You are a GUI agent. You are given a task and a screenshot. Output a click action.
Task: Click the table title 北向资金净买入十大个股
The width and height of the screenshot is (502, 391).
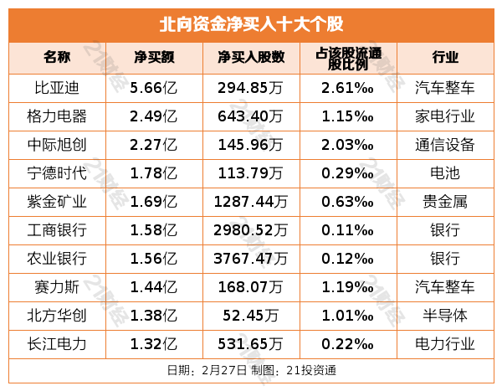point(251,23)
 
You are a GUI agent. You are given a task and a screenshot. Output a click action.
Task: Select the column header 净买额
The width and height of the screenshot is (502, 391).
point(154,58)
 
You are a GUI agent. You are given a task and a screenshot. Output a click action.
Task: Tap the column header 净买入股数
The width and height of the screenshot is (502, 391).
point(251,58)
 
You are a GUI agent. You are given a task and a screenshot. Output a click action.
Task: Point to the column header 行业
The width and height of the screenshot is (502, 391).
point(445,58)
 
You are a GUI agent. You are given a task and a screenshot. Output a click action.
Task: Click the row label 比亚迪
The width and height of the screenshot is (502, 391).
point(57,86)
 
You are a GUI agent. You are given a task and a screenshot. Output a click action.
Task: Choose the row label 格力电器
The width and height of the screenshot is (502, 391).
point(57,115)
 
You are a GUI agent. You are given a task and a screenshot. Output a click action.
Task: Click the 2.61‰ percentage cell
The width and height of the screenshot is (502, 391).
point(347,86)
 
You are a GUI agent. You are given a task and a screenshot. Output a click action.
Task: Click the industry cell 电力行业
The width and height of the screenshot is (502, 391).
point(445,343)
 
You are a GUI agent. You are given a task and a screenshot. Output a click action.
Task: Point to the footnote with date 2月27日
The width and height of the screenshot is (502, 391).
point(251,369)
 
